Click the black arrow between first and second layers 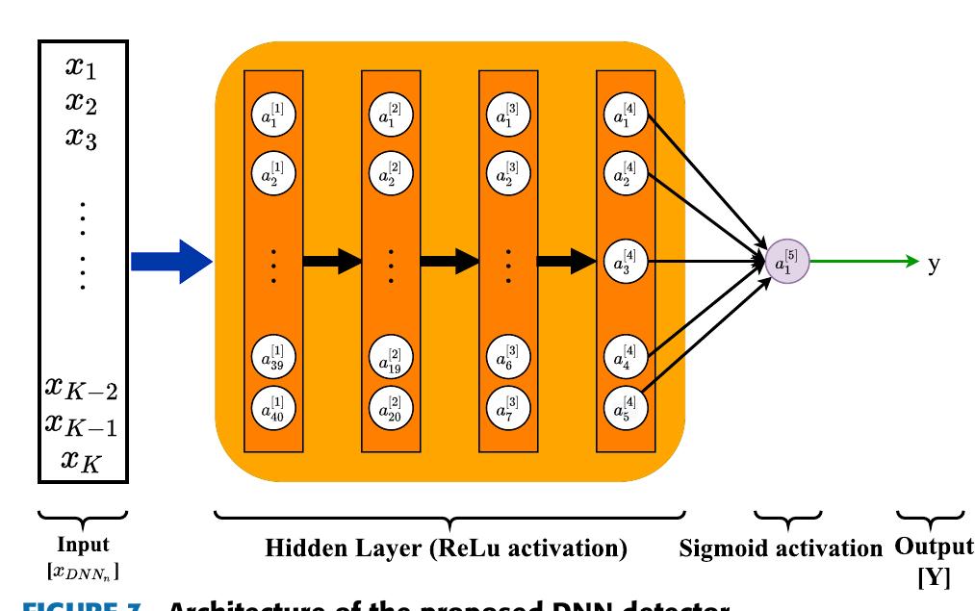click(332, 260)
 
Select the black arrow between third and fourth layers click(567, 260)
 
